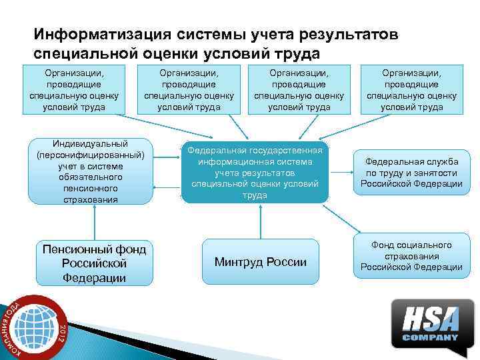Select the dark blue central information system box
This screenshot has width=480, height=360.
point(255,172)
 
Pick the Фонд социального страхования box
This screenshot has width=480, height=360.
point(411,256)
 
